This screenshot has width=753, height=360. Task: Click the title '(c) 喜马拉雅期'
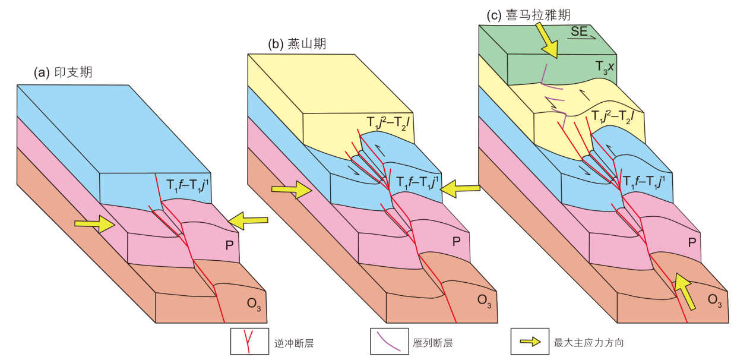click(x=528, y=15)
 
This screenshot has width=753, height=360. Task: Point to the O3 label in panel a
click(x=254, y=305)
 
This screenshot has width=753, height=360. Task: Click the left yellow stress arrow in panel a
click(x=94, y=224)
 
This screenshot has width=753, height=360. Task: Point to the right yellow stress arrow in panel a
click(x=248, y=220)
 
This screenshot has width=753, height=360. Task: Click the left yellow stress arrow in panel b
click(x=291, y=190)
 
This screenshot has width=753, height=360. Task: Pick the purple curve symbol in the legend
click(x=389, y=342)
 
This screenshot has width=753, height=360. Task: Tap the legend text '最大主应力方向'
click(x=589, y=343)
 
